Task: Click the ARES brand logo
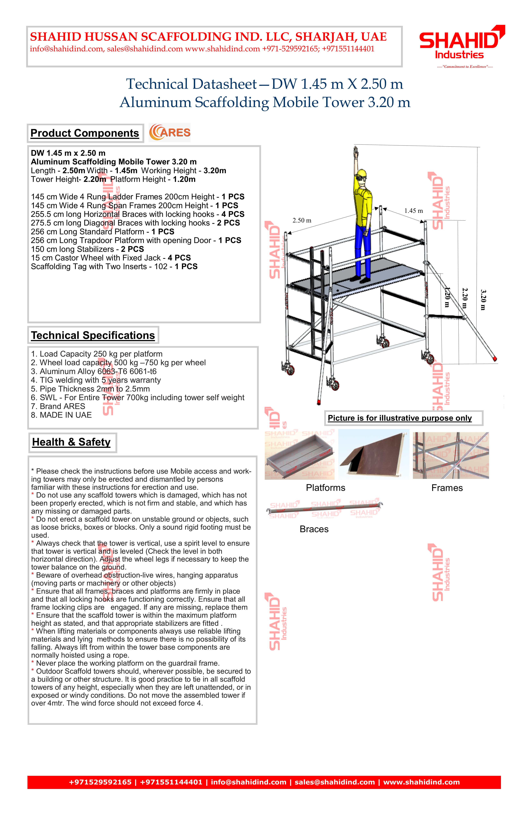170,133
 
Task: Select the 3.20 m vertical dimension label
483,300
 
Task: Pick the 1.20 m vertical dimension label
447,298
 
